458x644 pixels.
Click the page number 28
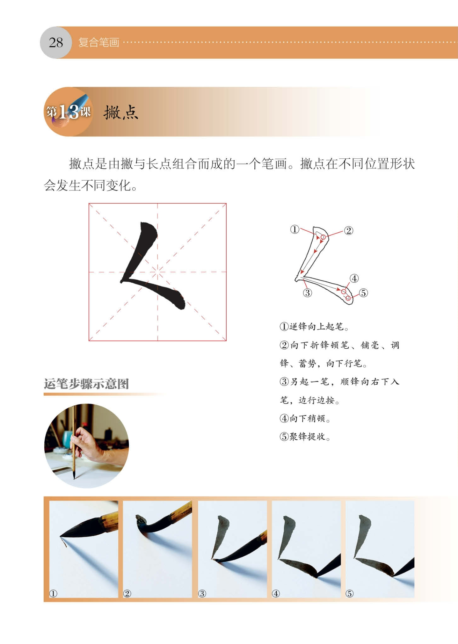pyautogui.click(x=56, y=43)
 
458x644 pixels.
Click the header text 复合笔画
pyautogui.click(x=99, y=43)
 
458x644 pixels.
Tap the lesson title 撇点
pyautogui.click(x=121, y=113)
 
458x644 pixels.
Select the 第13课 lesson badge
pyautogui.click(x=68, y=111)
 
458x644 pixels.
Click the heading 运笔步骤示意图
pyautogui.click(x=86, y=384)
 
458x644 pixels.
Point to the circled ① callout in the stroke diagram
pyautogui.click(x=295, y=229)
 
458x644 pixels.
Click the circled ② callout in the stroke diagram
pyautogui.click(x=349, y=231)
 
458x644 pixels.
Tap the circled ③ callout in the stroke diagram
pyautogui.click(x=307, y=292)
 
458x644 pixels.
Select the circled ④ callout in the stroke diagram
pyautogui.click(x=354, y=278)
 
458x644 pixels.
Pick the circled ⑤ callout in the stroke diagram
pyautogui.click(x=364, y=293)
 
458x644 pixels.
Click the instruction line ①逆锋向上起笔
pyautogui.click(x=314, y=327)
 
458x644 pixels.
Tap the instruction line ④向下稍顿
pyautogui.click(x=305, y=418)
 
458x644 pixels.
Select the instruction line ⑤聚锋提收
pyautogui.click(x=305, y=436)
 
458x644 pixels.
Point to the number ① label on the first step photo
pyautogui.click(x=53, y=593)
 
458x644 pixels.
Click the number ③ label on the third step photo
pyautogui.click(x=202, y=593)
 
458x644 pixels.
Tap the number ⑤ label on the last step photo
pyautogui.click(x=349, y=593)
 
